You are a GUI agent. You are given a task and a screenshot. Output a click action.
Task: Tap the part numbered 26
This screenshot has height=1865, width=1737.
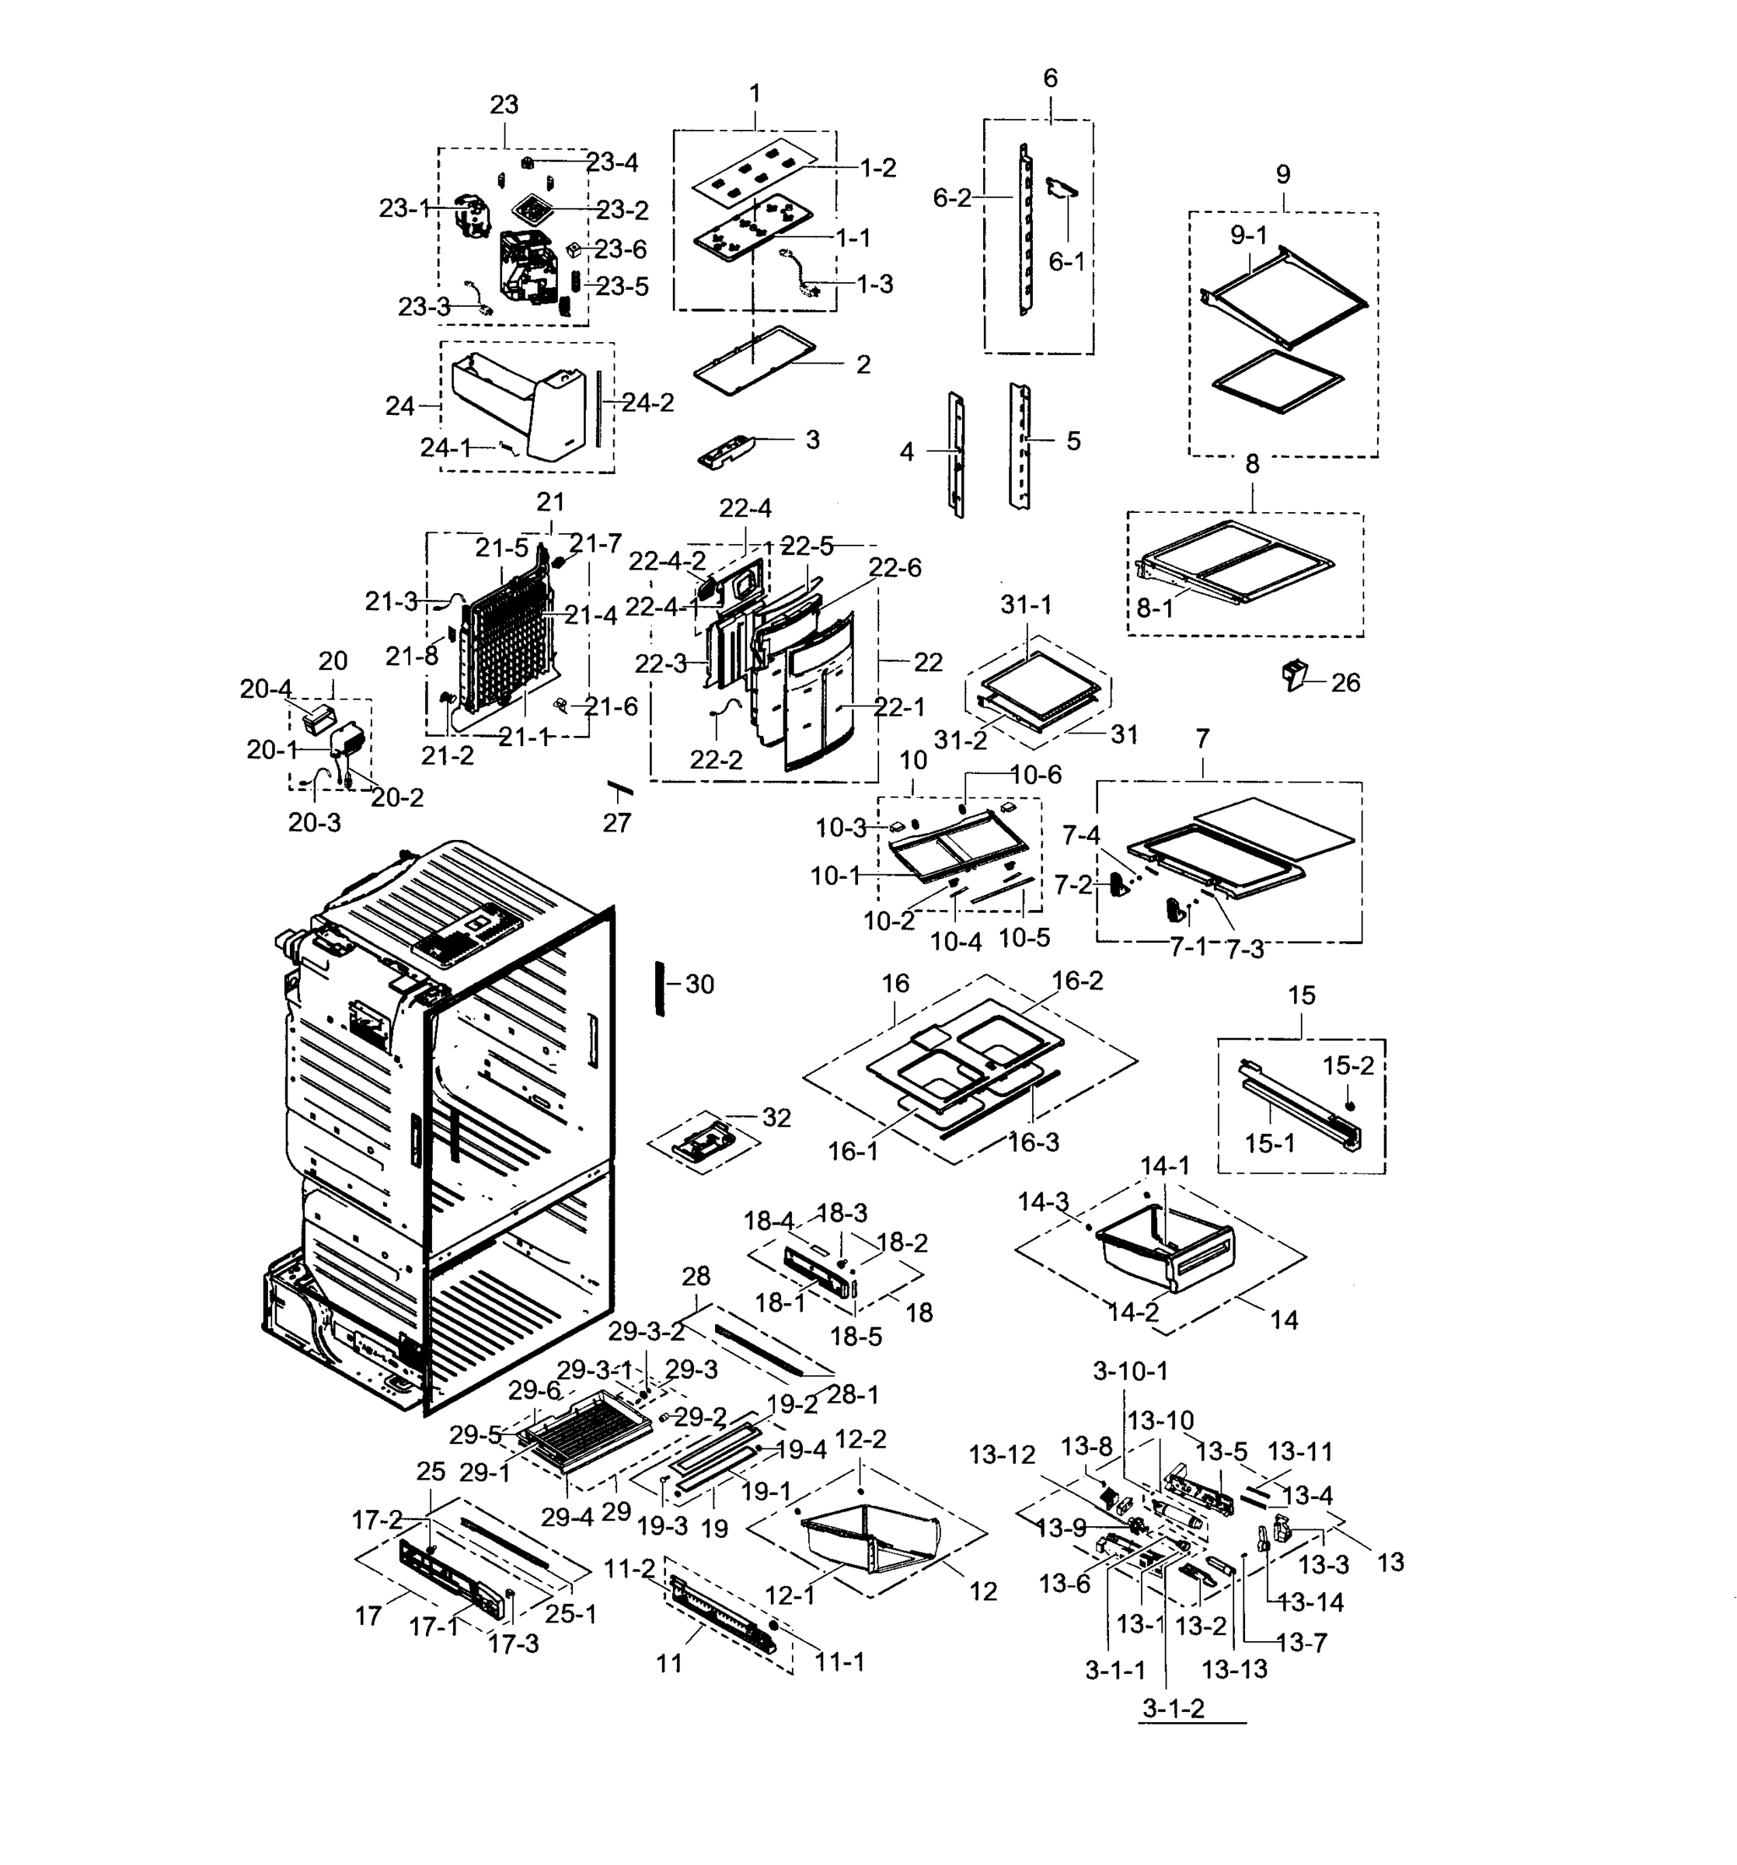[x=1294, y=674]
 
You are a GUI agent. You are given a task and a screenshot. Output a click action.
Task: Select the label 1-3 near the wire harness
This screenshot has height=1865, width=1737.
[x=874, y=284]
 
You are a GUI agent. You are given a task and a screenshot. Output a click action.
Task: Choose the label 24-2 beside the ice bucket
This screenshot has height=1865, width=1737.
[x=647, y=403]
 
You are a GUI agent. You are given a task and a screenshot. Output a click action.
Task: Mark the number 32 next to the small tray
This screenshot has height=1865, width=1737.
[x=776, y=1117]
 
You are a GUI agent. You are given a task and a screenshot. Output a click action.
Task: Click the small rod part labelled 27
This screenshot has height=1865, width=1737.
[x=619, y=786]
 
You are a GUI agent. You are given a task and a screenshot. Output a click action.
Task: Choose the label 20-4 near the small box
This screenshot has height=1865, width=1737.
[x=266, y=689]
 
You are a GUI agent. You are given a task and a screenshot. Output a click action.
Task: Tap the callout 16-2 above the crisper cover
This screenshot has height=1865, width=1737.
[x=1076, y=981]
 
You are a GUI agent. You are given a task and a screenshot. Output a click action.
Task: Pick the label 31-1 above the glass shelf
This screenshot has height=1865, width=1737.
[x=1026, y=606]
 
